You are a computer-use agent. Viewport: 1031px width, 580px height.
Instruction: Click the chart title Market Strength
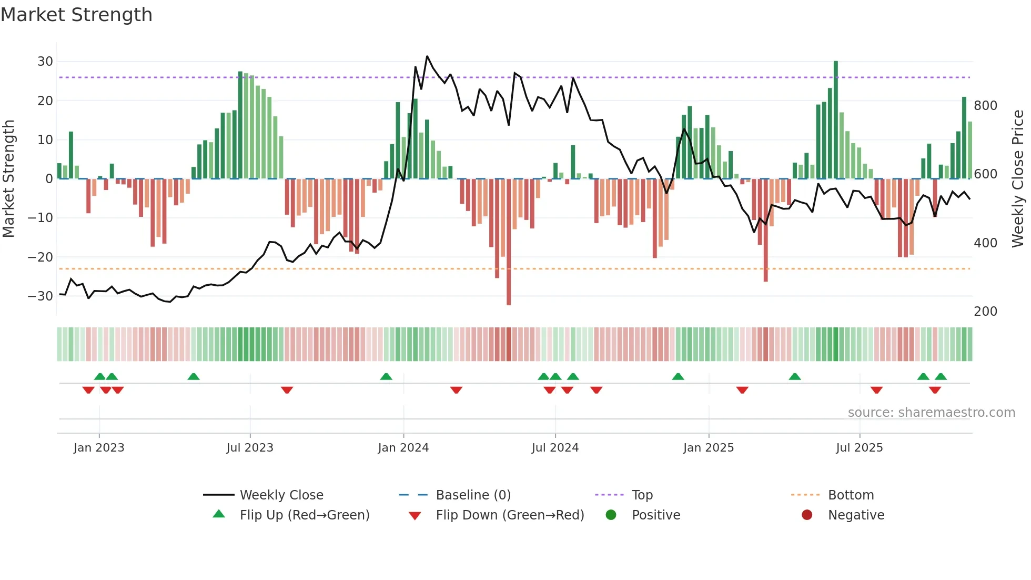pyautogui.click(x=76, y=15)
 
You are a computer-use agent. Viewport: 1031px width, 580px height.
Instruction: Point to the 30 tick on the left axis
pyautogui.click(x=45, y=62)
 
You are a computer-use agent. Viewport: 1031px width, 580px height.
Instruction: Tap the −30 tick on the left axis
pyautogui.click(x=41, y=296)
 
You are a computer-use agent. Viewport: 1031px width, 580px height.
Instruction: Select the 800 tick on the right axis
pyautogui.click(x=985, y=106)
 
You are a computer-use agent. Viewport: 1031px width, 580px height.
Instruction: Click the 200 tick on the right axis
pyautogui.click(x=985, y=312)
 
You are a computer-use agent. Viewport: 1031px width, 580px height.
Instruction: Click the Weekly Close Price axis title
pyautogui.click(x=1018, y=179)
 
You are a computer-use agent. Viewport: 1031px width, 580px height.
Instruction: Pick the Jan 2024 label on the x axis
pyautogui.click(x=403, y=448)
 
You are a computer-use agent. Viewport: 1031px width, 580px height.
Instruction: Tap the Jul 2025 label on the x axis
pyautogui.click(x=859, y=448)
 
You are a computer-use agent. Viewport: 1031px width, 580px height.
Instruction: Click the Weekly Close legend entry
pyautogui.click(x=281, y=495)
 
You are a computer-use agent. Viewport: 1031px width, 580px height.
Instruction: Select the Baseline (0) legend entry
pyautogui.click(x=473, y=495)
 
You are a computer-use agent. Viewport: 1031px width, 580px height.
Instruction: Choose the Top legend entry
pyautogui.click(x=642, y=495)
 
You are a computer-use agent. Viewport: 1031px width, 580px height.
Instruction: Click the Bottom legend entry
pyautogui.click(x=851, y=495)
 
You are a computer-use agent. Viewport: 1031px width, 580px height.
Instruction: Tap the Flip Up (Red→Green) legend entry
pyautogui.click(x=304, y=515)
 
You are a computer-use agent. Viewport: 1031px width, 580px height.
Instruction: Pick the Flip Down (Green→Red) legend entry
pyautogui.click(x=509, y=515)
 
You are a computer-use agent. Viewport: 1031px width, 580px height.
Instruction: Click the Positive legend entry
pyautogui.click(x=655, y=515)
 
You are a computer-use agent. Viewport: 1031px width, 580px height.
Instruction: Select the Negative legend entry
pyautogui.click(x=856, y=515)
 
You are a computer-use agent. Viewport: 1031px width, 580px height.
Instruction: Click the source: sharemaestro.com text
pyautogui.click(x=931, y=413)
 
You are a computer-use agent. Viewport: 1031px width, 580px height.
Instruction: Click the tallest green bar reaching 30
pyautogui.click(x=836, y=121)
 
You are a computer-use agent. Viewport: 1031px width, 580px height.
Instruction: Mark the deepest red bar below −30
pyautogui.click(x=509, y=242)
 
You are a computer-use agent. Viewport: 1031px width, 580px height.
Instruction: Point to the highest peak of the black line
pyautogui.click(x=427, y=56)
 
